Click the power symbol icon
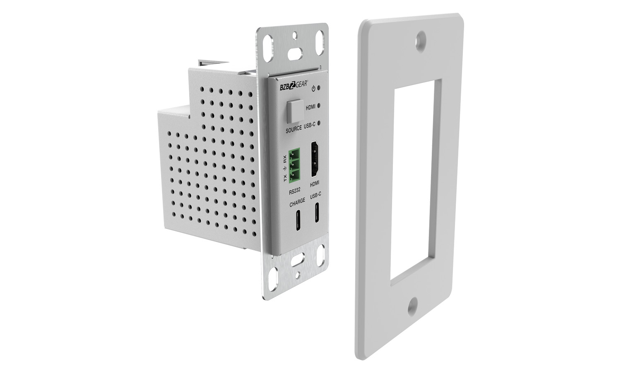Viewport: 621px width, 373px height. pos(313,89)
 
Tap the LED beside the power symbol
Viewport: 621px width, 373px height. pos(319,88)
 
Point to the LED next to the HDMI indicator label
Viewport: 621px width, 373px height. pos(319,105)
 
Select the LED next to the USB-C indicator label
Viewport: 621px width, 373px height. pos(319,123)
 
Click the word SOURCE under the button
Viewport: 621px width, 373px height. pos(294,129)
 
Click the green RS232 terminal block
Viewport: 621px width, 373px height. pos(295,165)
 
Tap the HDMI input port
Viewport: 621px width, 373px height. pos(315,159)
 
